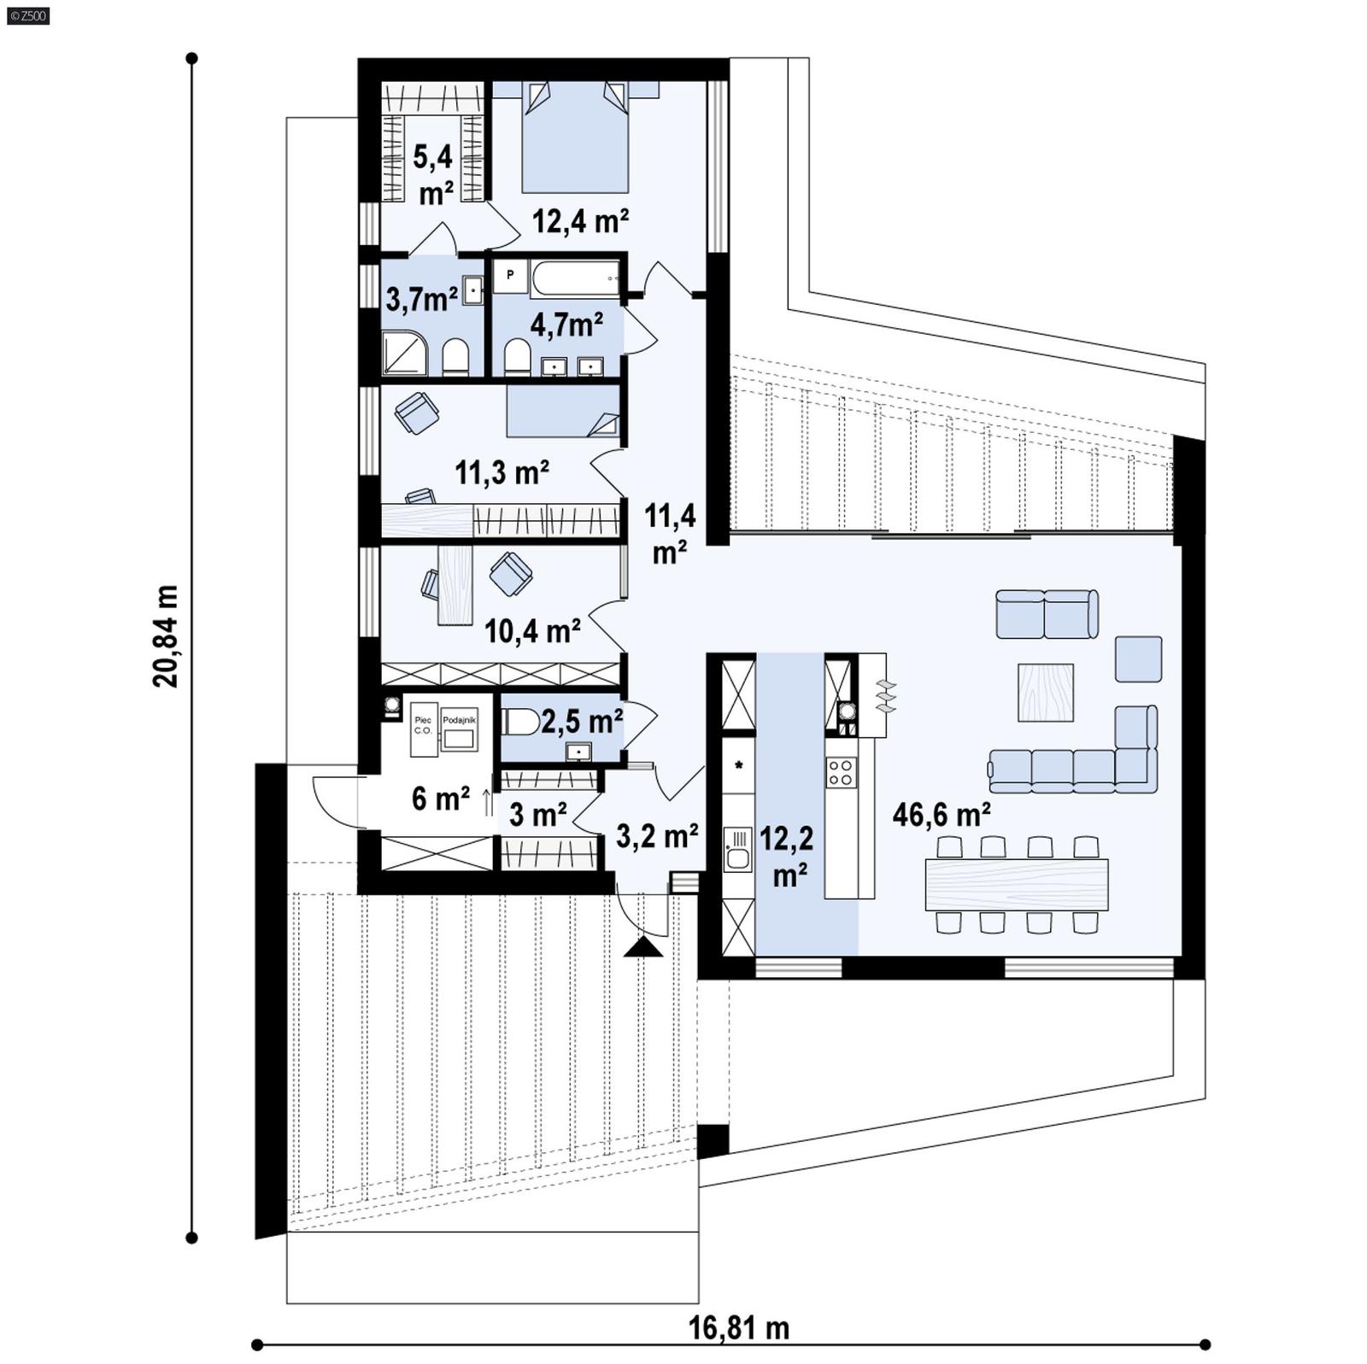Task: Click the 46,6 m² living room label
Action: (941, 814)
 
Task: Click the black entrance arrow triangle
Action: (642, 946)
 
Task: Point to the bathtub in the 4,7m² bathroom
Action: (574, 279)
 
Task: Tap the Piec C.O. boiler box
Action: (423, 729)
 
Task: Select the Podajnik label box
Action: (459, 729)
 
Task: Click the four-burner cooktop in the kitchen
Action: (841, 772)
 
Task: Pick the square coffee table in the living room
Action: (1045, 693)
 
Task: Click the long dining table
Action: (1017, 884)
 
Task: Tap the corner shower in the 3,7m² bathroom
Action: (403, 353)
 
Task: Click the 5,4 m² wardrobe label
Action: (434, 175)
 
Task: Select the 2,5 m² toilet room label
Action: (581, 722)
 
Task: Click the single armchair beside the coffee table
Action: (1138, 659)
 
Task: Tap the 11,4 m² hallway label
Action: (670, 534)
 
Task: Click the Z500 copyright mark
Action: (27, 15)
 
